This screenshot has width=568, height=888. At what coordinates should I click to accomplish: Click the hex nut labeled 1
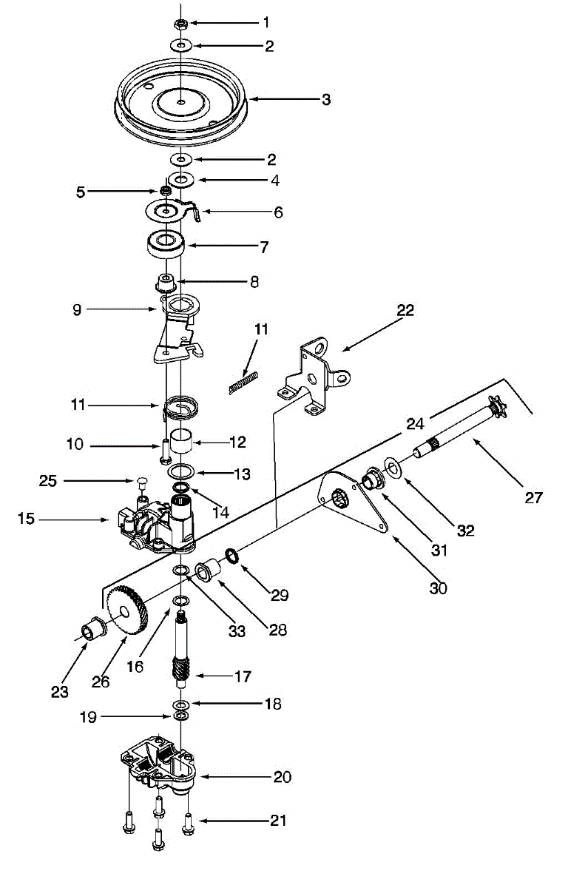pos(182,24)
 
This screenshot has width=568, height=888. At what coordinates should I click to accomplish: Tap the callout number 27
pos(533,497)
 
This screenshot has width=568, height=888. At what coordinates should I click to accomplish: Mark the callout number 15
pos(27,519)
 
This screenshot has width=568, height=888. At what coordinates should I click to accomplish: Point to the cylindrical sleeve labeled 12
pos(182,443)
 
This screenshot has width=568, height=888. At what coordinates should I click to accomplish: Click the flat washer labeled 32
pos(391,466)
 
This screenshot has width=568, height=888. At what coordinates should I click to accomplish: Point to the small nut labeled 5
pos(167,192)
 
